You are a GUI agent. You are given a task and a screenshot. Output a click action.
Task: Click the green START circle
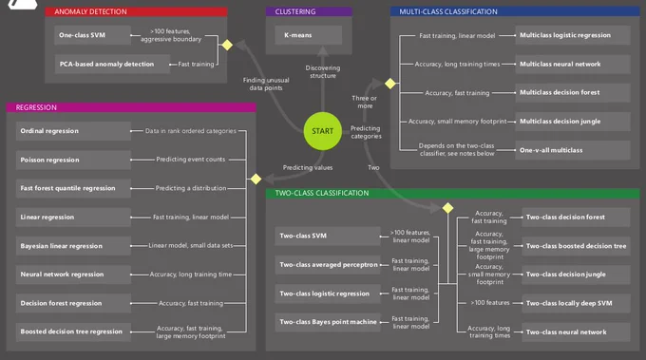pyautogui.click(x=323, y=131)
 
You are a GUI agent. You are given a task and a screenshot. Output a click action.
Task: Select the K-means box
pyautogui.click(x=308, y=35)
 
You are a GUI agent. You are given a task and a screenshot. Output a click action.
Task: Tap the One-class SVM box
pyautogui.click(x=92, y=35)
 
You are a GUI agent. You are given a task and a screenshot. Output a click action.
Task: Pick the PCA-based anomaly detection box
pyautogui.click(x=112, y=64)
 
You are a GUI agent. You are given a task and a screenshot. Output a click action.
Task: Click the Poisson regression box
pyautogui.click(x=73, y=160)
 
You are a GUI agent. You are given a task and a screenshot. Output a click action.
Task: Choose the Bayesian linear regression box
pyautogui.click(x=73, y=246)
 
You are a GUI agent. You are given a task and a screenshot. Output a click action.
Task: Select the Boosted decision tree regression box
pyautogui.click(x=73, y=332)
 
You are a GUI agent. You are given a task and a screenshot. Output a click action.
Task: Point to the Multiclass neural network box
pyautogui.click(x=573, y=64)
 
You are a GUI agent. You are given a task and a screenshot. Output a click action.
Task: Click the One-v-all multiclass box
pyautogui.click(x=573, y=150)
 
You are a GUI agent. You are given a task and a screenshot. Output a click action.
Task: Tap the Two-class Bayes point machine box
pyautogui.click(x=328, y=322)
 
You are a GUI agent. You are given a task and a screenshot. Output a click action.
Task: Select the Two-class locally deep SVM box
pyautogui.click(x=576, y=303)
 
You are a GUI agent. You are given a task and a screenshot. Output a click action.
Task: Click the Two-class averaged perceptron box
pyautogui.click(x=328, y=264)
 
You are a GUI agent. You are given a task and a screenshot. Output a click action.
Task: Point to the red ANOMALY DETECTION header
pyautogui.click(x=136, y=11)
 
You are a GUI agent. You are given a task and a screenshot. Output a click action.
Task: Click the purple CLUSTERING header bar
pyautogui.click(x=309, y=11)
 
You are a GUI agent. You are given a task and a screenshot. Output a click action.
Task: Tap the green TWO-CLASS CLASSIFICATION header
pyautogui.click(x=452, y=193)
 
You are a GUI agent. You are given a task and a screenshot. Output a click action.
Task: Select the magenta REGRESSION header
pyautogui.click(x=131, y=107)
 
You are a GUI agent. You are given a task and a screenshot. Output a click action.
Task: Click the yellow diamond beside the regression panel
pyautogui.click(x=256, y=179)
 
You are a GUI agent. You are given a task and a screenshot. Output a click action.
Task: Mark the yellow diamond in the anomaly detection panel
pyautogui.click(x=227, y=45)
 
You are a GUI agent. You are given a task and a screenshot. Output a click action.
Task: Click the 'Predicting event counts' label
pyautogui.click(x=191, y=160)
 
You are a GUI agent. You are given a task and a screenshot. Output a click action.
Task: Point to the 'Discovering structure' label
pyautogui.click(x=323, y=71)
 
